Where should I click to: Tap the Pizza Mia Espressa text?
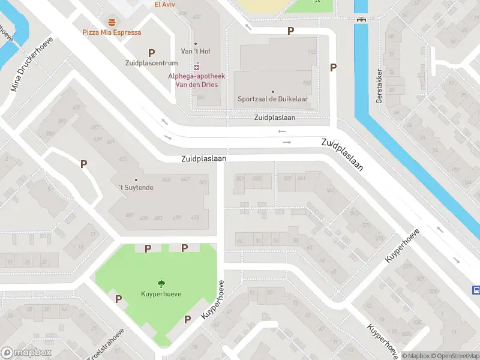(x=112, y=32)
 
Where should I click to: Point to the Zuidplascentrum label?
(x=152, y=63)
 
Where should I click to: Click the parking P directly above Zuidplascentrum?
(x=152, y=53)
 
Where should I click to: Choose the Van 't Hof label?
(x=196, y=52)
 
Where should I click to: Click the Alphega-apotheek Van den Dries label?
(x=196, y=80)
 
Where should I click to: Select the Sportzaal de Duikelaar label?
(x=273, y=100)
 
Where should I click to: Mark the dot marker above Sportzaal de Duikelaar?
(x=273, y=92)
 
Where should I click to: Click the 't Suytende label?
(x=136, y=188)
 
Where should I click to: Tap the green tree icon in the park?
(x=161, y=284)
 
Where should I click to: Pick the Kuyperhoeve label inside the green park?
(x=161, y=294)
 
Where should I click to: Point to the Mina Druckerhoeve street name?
(x=32, y=64)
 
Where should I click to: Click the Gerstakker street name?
(x=379, y=86)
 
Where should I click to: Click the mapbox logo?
(x=26, y=353)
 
